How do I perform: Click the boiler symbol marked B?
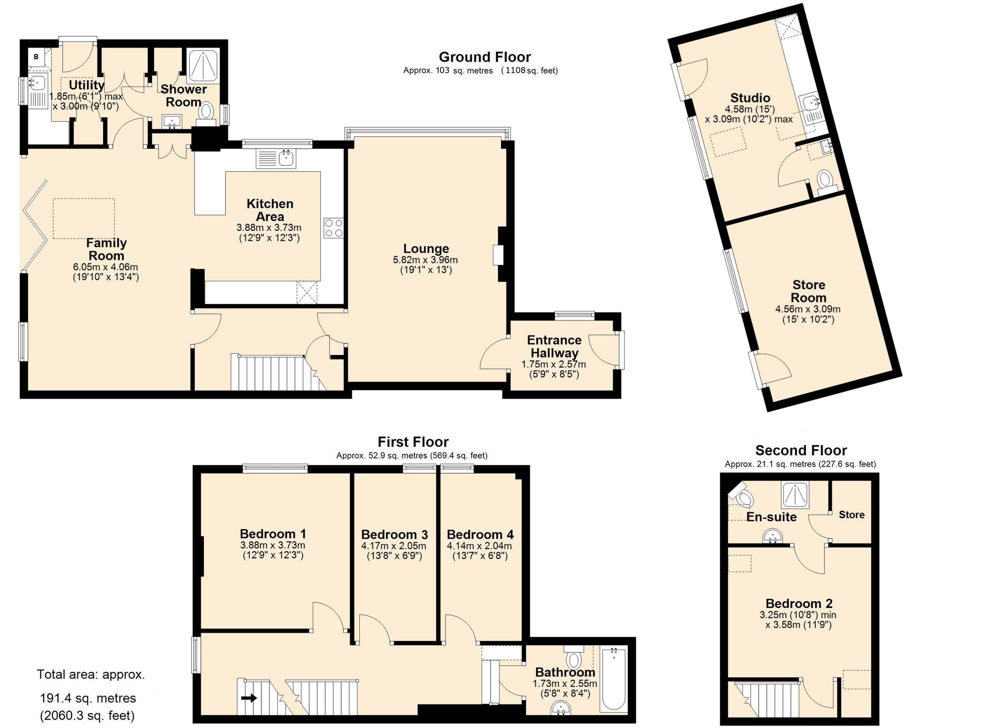click(36, 57)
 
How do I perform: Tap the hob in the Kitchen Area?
click(333, 228)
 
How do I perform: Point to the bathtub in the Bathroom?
click(614, 679)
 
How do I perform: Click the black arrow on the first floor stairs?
click(249, 697)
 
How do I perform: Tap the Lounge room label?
click(426, 248)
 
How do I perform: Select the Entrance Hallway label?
click(554, 346)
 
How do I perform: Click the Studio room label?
click(750, 98)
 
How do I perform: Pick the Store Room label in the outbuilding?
click(809, 291)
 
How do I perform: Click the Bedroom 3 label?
click(394, 534)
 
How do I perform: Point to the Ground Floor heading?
click(484, 57)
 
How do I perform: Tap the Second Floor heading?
click(801, 451)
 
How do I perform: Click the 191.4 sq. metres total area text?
click(88, 698)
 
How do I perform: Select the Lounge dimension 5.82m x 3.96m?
click(425, 260)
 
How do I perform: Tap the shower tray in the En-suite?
click(795, 495)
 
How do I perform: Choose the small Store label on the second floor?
click(851, 515)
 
